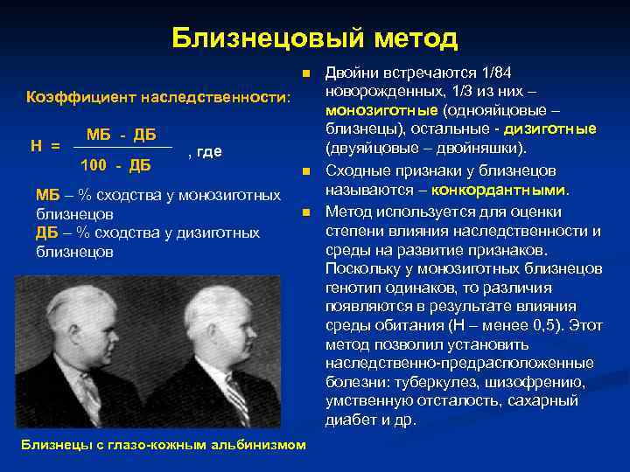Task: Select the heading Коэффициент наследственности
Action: (x=157, y=96)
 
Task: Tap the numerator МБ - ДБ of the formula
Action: (x=122, y=135)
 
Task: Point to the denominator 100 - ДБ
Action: (x=115, y=164)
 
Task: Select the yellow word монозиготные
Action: (x=381, y=112)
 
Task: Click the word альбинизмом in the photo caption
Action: (x=260, y=445)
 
